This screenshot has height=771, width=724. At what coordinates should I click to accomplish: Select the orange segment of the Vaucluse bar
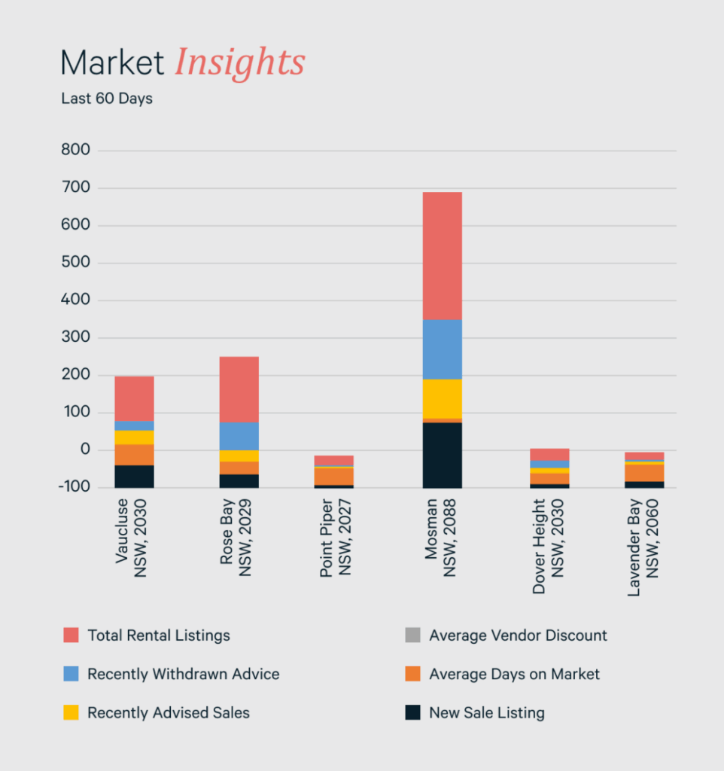pyautogui.click(x=135, y=455)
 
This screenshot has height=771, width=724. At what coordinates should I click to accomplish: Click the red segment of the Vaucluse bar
pyautogui.click(x=135, y=398)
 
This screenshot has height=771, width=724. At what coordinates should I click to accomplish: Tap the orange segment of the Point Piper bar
pyautogui.click(x=333, y=477)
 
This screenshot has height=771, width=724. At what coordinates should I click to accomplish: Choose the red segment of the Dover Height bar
pyautogui.click(x=549, y=454)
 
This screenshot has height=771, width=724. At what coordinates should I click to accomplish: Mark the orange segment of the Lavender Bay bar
pyautogui.click(x=644, y=472)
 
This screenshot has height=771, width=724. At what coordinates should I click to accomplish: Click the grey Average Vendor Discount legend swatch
pyautogui.click(x=412, y=635)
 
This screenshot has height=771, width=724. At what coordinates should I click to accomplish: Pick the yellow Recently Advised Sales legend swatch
pyautogui.click(x=71, y=713)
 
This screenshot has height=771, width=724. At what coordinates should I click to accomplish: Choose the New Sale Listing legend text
pyautogui.click(x=486, y=713)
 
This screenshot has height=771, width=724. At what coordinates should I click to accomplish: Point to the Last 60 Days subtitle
pyautogui.click(x=107, y=99)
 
